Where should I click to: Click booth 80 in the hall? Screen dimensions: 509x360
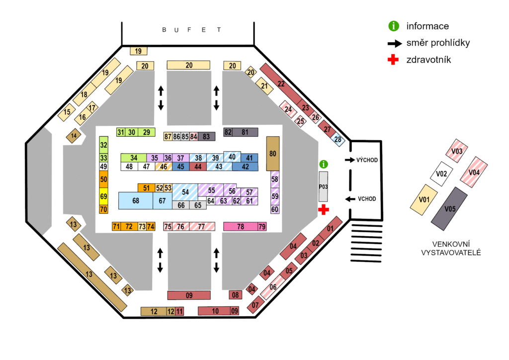[273, 154]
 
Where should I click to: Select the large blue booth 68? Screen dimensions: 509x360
[136, 200]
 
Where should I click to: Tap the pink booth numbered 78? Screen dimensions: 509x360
[241, 227]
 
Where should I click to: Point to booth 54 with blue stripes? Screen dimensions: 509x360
[185, 192]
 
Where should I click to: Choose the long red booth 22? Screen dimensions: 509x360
[281, 84]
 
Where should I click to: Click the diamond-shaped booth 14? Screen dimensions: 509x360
[74, 136]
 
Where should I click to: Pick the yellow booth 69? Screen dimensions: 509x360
[103, 196]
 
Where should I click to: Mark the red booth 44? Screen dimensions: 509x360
[198, 167]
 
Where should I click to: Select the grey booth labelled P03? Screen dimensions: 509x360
[323, 186]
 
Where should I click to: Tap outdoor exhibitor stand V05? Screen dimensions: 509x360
[449, 209]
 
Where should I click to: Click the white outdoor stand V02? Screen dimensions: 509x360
[441, 174]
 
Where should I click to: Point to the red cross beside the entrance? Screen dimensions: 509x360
[323, 210]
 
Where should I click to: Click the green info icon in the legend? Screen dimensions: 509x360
[394, 26]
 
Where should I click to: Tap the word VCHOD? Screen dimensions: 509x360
[367, 199]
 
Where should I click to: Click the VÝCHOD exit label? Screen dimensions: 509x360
[367, 160]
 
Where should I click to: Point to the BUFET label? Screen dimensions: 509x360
[191, 30]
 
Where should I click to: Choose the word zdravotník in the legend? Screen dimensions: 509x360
[428, 60]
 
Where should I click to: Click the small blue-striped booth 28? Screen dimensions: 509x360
[338, 140]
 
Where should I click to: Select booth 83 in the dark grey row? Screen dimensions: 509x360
[206, 136]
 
